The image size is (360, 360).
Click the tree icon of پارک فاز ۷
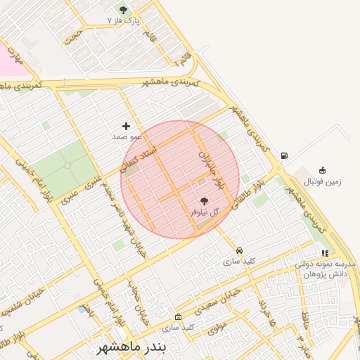click(124, 10)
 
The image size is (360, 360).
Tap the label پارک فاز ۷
click(120, 22)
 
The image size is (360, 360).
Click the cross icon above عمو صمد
click(126, 126)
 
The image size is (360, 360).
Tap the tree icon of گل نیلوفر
click(205, 201)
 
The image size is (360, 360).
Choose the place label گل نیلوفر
click(205, 212)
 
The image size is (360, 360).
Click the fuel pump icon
click(283, 155)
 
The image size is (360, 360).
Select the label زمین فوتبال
click(321, 181)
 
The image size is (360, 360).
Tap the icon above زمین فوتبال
click(322, 169)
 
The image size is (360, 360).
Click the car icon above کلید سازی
click(239, 250)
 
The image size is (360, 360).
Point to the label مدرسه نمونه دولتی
click(326, 264)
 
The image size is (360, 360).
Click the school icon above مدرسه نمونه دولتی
click(324, 253)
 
